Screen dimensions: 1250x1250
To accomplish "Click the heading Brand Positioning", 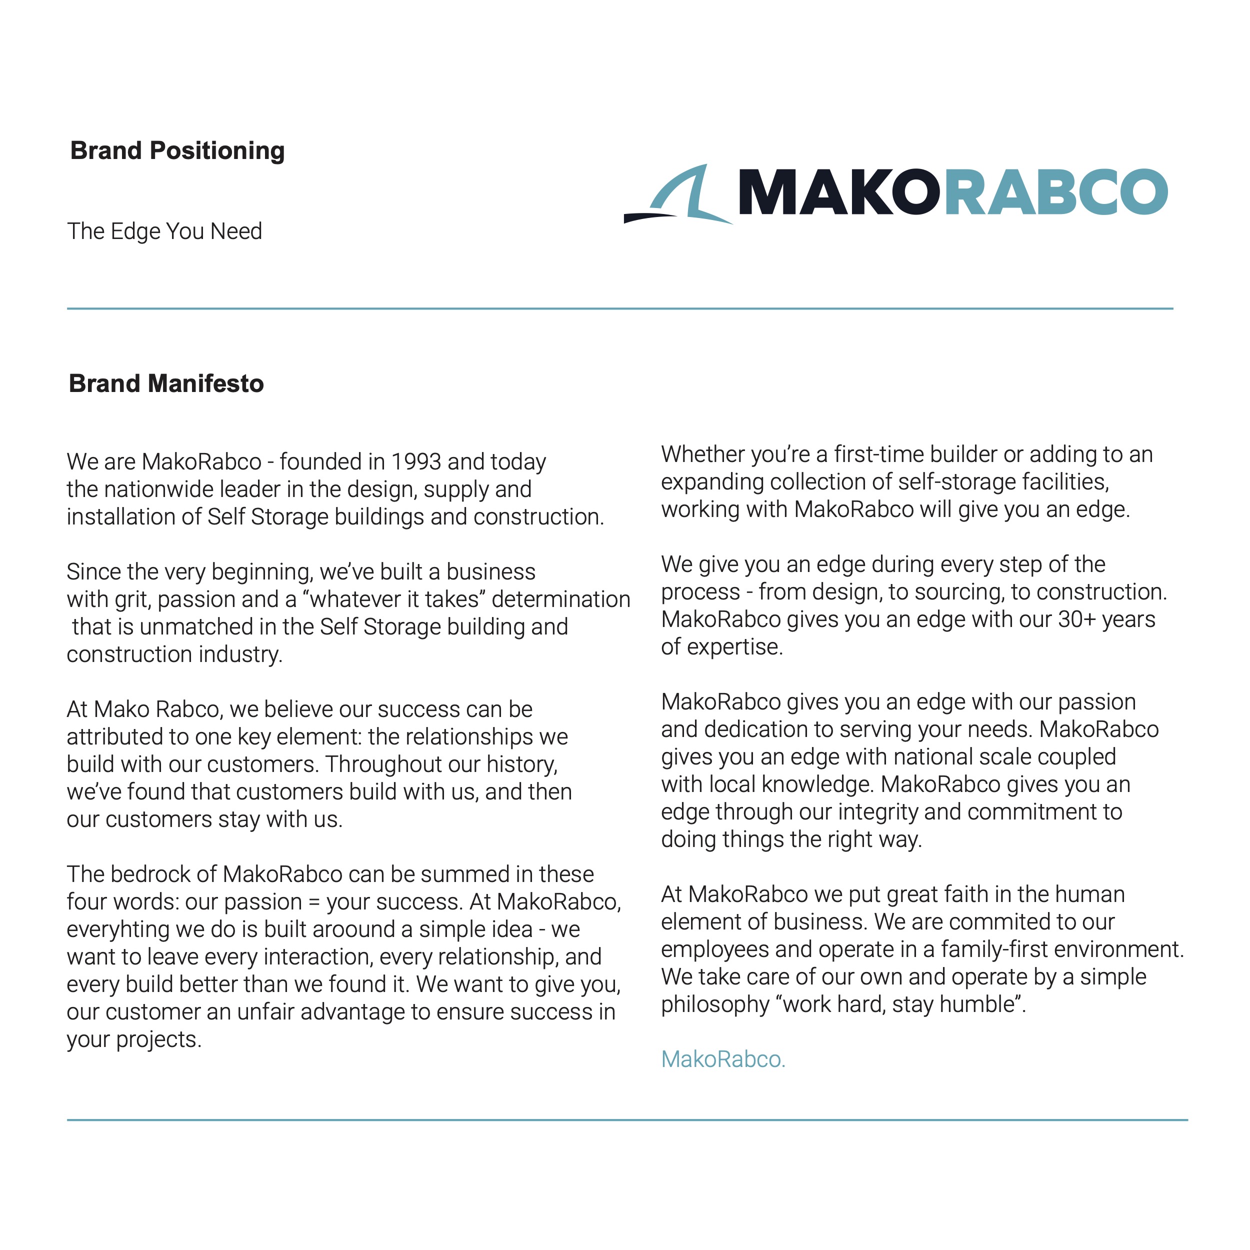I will coord(177,151).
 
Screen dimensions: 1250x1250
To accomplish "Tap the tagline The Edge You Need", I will coord(164,231).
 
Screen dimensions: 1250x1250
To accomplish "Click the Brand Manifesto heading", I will coord(166,383).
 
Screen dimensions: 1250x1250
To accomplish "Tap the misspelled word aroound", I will coord(368,929).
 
